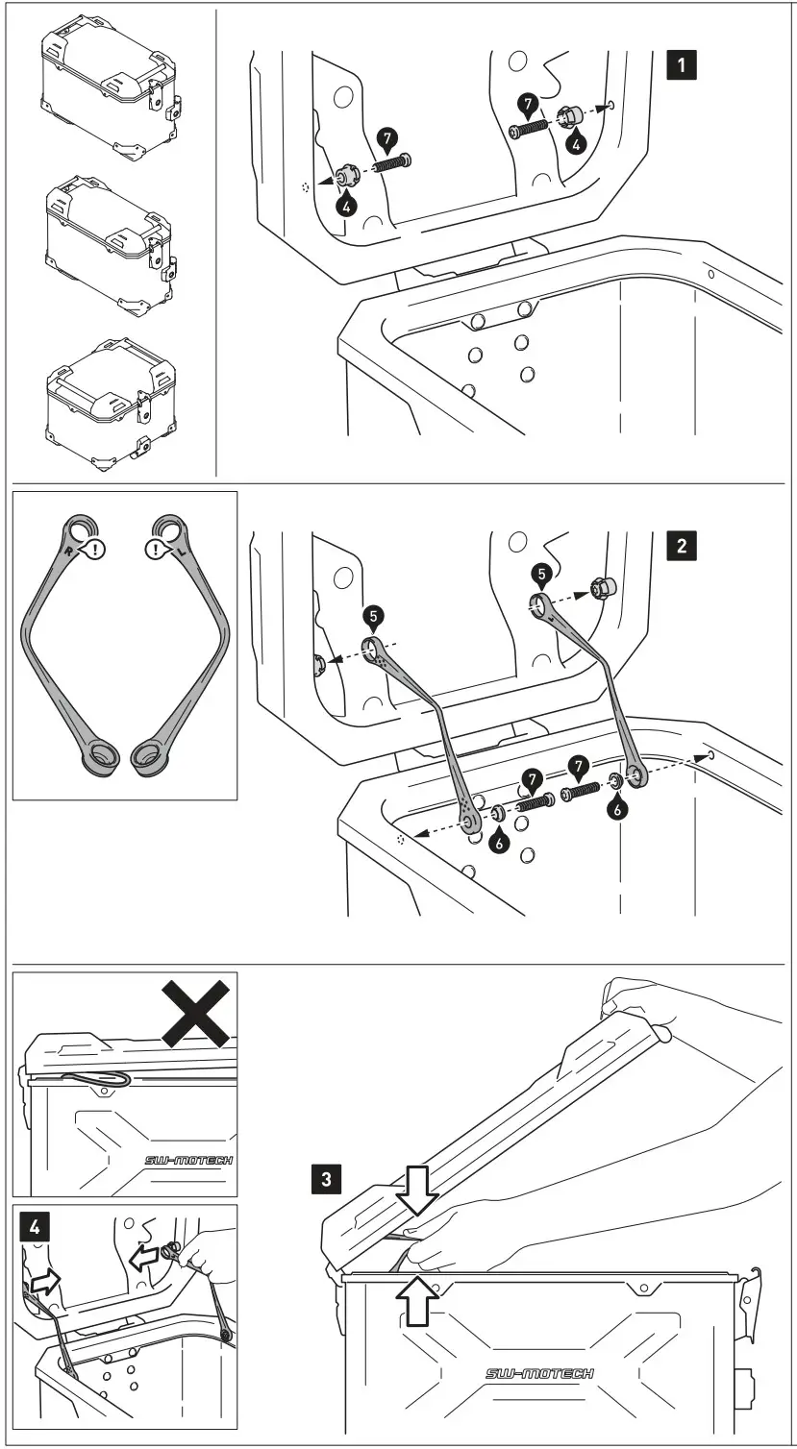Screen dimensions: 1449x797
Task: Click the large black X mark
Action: (196, 1013)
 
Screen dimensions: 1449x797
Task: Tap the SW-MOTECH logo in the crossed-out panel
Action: (187, 1161)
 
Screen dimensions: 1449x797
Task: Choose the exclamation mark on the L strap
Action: (154, 551)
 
